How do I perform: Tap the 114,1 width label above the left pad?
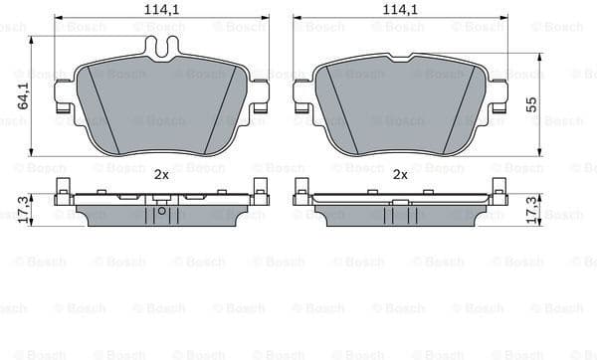tap(161, 10)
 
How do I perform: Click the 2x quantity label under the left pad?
tap(161, 173)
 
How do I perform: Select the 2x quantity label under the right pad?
tap(400, 173)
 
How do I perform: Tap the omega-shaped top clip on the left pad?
tap(161, 45)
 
